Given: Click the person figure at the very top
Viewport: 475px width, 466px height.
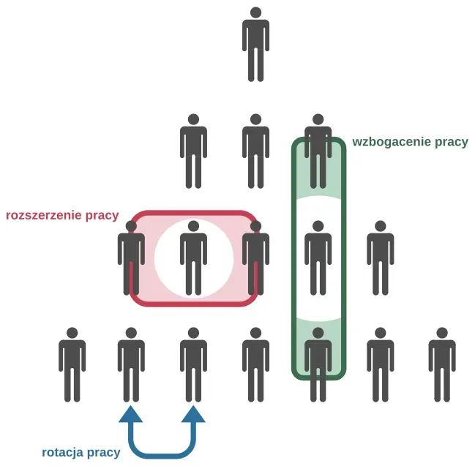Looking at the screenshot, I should (255, 44).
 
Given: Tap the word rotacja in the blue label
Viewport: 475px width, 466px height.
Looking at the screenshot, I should (64, 453).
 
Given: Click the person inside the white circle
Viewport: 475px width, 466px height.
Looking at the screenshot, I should (193, 257).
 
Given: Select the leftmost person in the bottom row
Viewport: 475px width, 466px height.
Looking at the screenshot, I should (72, 364).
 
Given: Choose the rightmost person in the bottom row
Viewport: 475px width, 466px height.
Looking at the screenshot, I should (441, 364).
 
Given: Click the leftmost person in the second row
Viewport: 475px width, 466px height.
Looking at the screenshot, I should (193, 150).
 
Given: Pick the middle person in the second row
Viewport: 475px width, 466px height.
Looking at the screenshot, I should (255, 150).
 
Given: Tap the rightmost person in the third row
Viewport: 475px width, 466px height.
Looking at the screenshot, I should (380, 257).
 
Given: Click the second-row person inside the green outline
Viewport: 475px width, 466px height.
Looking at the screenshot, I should (318, 150).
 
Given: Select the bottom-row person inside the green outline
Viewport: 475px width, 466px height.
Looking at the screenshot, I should (318, 364).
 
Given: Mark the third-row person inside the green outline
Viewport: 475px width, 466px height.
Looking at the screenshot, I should (318, 257).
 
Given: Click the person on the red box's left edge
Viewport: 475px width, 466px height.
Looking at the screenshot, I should (131, 257).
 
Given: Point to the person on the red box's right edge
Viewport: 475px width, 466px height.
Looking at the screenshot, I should (255, 257).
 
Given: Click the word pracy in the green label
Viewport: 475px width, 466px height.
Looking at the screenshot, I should (452, 142).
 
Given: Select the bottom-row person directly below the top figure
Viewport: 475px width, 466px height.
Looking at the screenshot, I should (255, 364).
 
